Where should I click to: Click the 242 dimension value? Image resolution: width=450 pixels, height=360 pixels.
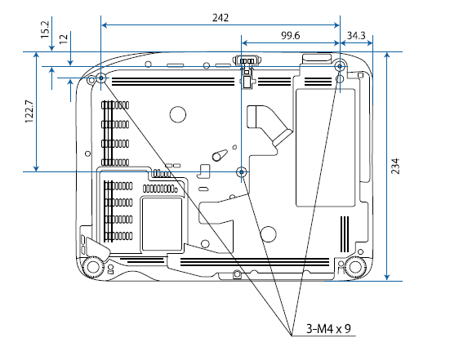tap(220, 16)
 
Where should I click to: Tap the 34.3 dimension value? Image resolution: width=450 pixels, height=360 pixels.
tap(356, 36)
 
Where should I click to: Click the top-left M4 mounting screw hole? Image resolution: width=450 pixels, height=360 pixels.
tap(101, 78)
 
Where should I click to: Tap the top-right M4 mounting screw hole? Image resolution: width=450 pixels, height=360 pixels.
tap(341, 66)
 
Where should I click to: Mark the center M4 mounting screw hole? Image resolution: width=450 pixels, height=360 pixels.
tap(241, 171)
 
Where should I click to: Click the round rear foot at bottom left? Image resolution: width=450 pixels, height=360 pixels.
tap(92, 266)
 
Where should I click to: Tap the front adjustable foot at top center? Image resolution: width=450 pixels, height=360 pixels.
tap(246, 62)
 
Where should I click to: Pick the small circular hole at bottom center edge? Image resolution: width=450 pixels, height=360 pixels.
tap(236, 274)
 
